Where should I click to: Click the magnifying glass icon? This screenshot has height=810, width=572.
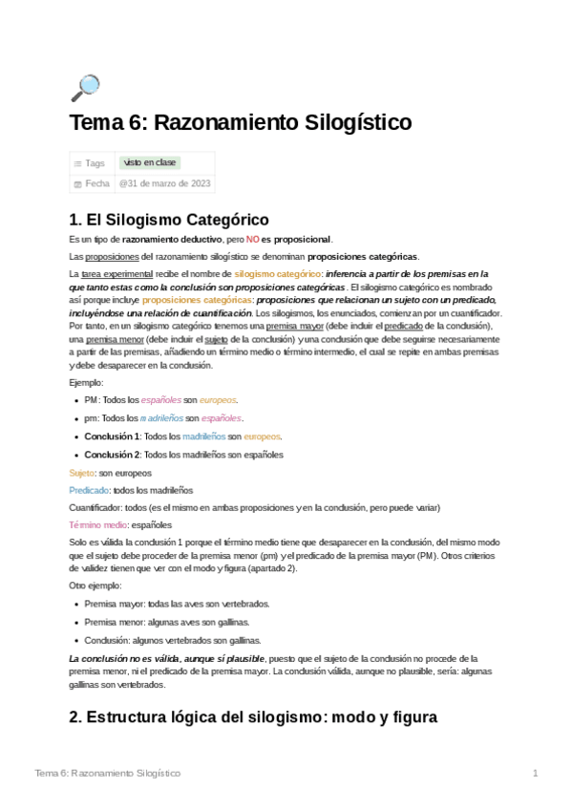[x=85, y=88]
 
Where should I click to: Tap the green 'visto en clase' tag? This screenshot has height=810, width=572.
[x=149, y=163]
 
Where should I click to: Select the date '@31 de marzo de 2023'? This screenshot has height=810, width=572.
[x=165, y=183]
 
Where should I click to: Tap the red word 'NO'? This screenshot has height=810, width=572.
[x=252, y=239]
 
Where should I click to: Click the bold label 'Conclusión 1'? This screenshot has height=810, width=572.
[x=113, y=437]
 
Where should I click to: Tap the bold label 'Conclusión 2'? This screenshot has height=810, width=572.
[x=113, y=455]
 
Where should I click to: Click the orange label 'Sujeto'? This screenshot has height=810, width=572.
[x=82, y=473]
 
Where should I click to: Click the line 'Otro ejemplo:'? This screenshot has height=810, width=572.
[x=95, y=585]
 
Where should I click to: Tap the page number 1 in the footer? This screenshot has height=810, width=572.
[x=536, y=773]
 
